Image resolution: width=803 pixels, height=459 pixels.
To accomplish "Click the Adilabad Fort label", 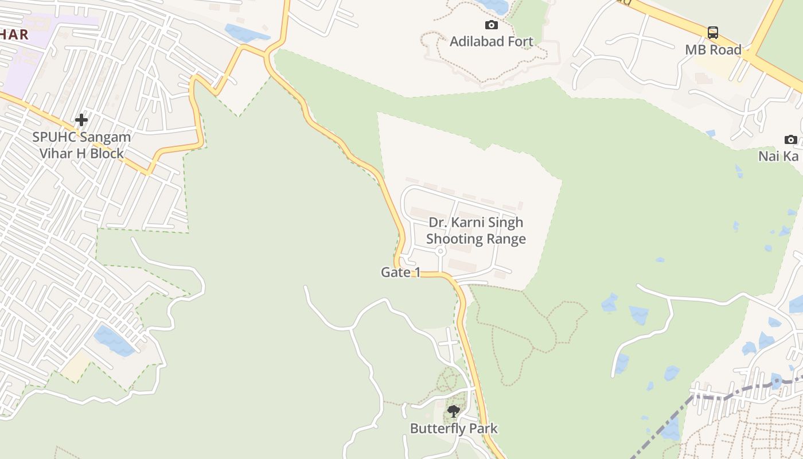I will coord(491,41).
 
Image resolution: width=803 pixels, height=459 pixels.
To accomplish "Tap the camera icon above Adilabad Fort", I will coord(492,25).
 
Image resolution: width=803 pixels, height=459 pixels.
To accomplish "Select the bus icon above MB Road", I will coord(712,33).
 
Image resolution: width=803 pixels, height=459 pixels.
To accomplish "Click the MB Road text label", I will coord(713,50).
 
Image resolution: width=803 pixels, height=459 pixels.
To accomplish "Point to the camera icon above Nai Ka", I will coord(790,139).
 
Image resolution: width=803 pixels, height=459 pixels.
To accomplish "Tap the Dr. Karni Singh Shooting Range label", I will coord(475,231).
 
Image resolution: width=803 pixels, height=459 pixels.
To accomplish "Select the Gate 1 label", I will coord(400,273).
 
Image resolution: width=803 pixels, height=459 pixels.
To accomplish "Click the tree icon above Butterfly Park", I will coord(453,411).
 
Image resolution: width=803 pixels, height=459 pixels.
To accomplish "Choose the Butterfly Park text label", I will coord(453,429).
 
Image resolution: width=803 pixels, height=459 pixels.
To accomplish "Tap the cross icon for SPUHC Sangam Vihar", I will coord(81,120).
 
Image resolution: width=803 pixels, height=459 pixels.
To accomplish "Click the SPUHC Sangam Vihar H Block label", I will coord(81,145).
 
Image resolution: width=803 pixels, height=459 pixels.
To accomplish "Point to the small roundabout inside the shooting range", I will coord(441,251).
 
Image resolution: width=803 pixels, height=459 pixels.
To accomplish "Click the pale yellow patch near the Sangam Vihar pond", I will coord(75,368).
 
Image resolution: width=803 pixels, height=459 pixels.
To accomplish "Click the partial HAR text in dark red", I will coord(14,34).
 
